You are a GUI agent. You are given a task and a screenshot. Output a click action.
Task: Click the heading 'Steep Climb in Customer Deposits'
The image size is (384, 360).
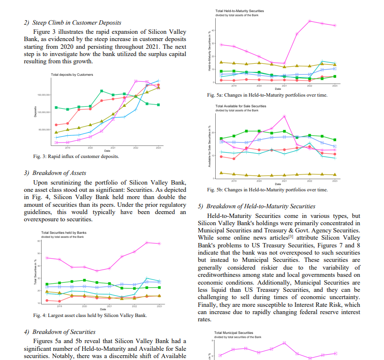click(76, 22)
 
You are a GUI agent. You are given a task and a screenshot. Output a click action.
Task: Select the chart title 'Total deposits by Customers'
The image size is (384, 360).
click(72, 75)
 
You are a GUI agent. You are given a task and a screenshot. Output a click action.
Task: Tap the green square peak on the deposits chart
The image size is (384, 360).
click(102, 91)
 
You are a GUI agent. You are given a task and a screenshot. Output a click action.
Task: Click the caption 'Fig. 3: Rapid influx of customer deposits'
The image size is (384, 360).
click(76, 157)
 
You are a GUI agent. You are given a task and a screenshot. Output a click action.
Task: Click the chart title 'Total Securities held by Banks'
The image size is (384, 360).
click(64, 233)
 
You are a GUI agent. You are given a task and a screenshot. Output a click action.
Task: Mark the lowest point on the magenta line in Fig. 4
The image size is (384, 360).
click(97, 271)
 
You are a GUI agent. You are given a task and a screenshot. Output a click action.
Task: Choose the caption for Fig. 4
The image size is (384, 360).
click(90, 316)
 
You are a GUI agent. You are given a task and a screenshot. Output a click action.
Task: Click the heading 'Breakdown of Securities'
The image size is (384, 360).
click(63, 332)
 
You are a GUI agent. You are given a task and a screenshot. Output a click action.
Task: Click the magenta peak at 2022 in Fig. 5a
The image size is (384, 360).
click(310, 21)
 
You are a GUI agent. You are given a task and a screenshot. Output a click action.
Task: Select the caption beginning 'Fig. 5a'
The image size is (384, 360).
click(267, 95)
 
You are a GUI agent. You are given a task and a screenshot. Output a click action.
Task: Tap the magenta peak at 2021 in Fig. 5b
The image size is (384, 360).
click(284, 116)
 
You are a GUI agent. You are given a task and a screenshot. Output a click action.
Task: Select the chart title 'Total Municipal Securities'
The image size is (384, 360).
click(234, 333)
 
